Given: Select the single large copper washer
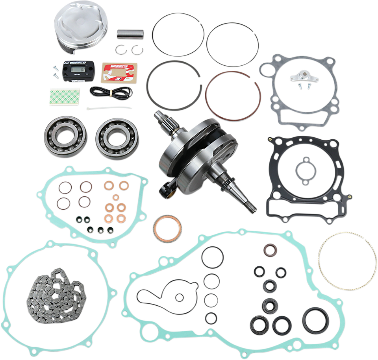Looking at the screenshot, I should (x=167, y=228).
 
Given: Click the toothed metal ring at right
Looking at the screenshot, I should (x=346, y=257).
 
